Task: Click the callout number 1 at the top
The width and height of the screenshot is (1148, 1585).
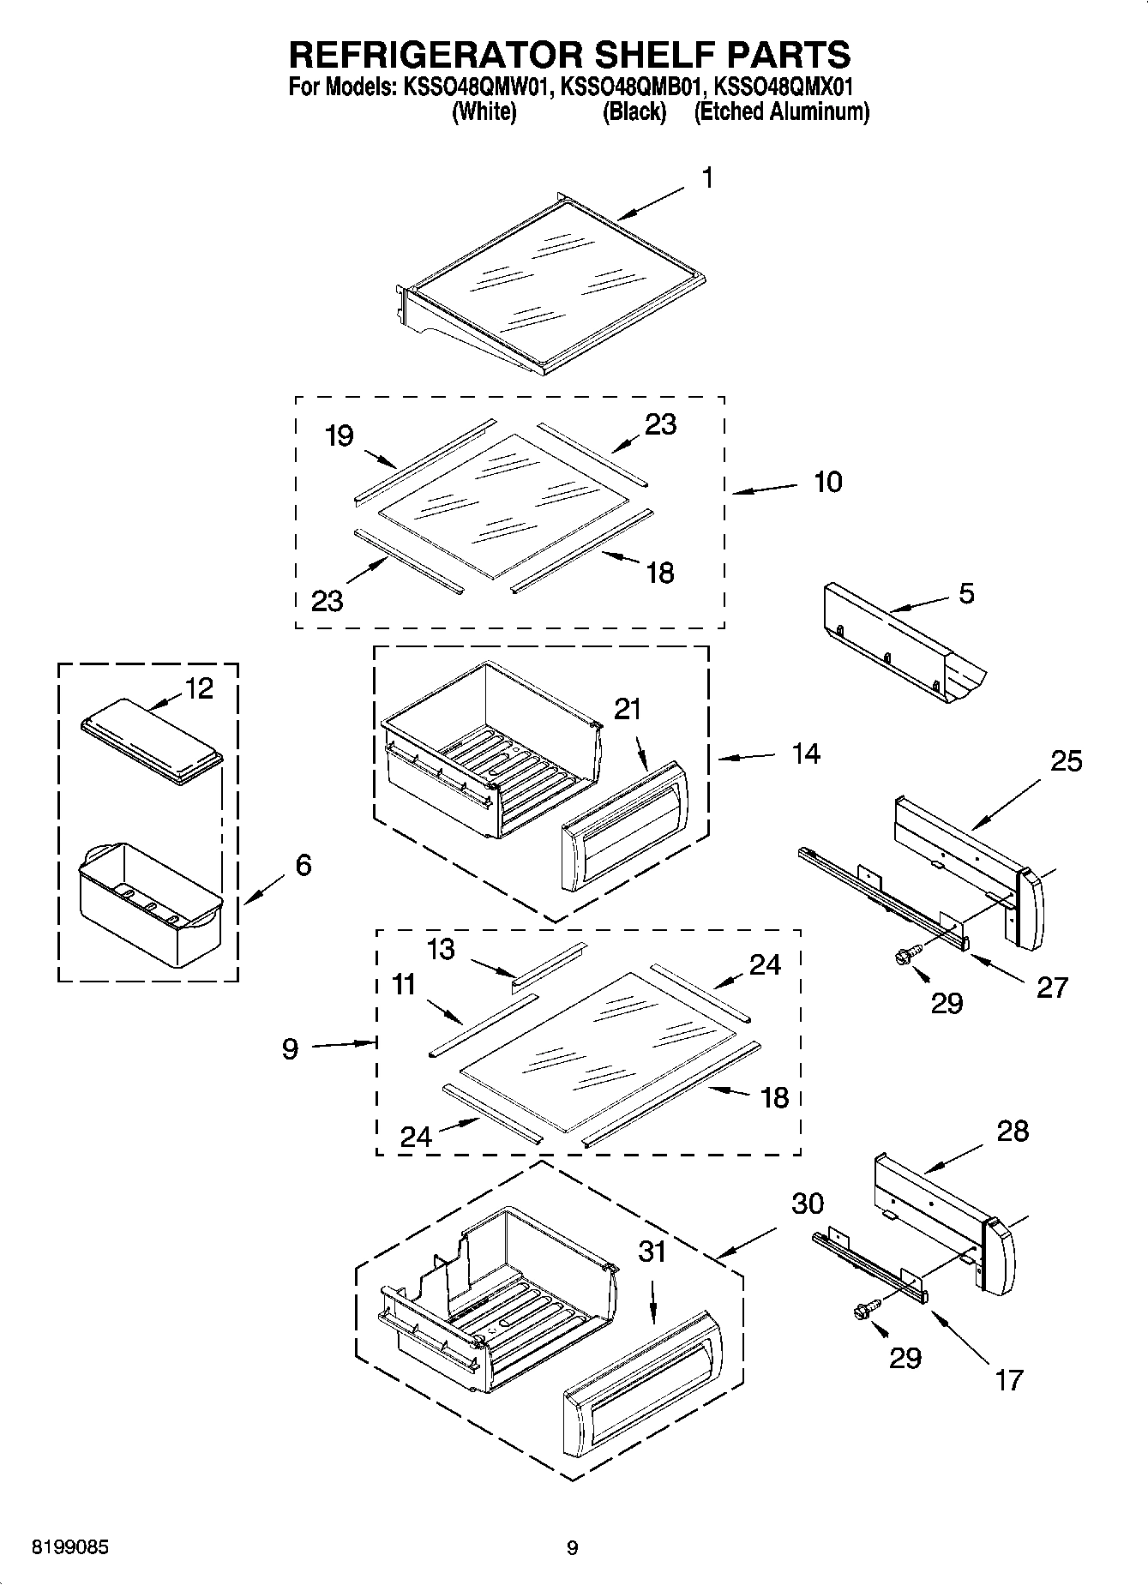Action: pyautogui.click(x=707, y=177)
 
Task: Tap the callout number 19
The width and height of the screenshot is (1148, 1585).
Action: pyautogui.click(x=340, y=435)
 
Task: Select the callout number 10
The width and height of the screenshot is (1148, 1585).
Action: pyautogui.click(x=827, y=482)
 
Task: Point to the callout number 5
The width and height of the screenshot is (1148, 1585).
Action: pyautogui.click(x=966, y=593)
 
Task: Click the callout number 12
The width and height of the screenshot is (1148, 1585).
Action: pyautogui.click(x=199, y=688)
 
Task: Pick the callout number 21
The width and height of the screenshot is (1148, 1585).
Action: pyautogui.click(x=628, y=709)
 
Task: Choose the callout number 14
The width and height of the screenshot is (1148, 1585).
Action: pyautogui.click(x=806, y=753)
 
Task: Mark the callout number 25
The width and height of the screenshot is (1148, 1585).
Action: pyautogui.click(x=1066, y=760)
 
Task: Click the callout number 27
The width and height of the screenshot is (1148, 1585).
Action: pyautogui.click(x=1052, y=987)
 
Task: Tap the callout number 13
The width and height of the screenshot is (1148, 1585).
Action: pyautogui.click(x=442, y=949)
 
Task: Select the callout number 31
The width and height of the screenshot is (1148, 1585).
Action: pyautogui.click(x=652, y=1252)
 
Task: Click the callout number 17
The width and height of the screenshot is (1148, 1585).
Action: pyautogui.click(x=1009, y=1379)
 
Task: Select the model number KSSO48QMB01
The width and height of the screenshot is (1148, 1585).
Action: pyautogui.click(x=634, y=87)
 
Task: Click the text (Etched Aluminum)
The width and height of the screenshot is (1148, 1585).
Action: pyautogui.click(x=781, y=111)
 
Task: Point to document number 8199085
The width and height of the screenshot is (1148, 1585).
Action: pyautogui.click(x=70, y=1547)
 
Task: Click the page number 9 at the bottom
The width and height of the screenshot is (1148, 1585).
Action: pyautogui.click(x=573, y=1547)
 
